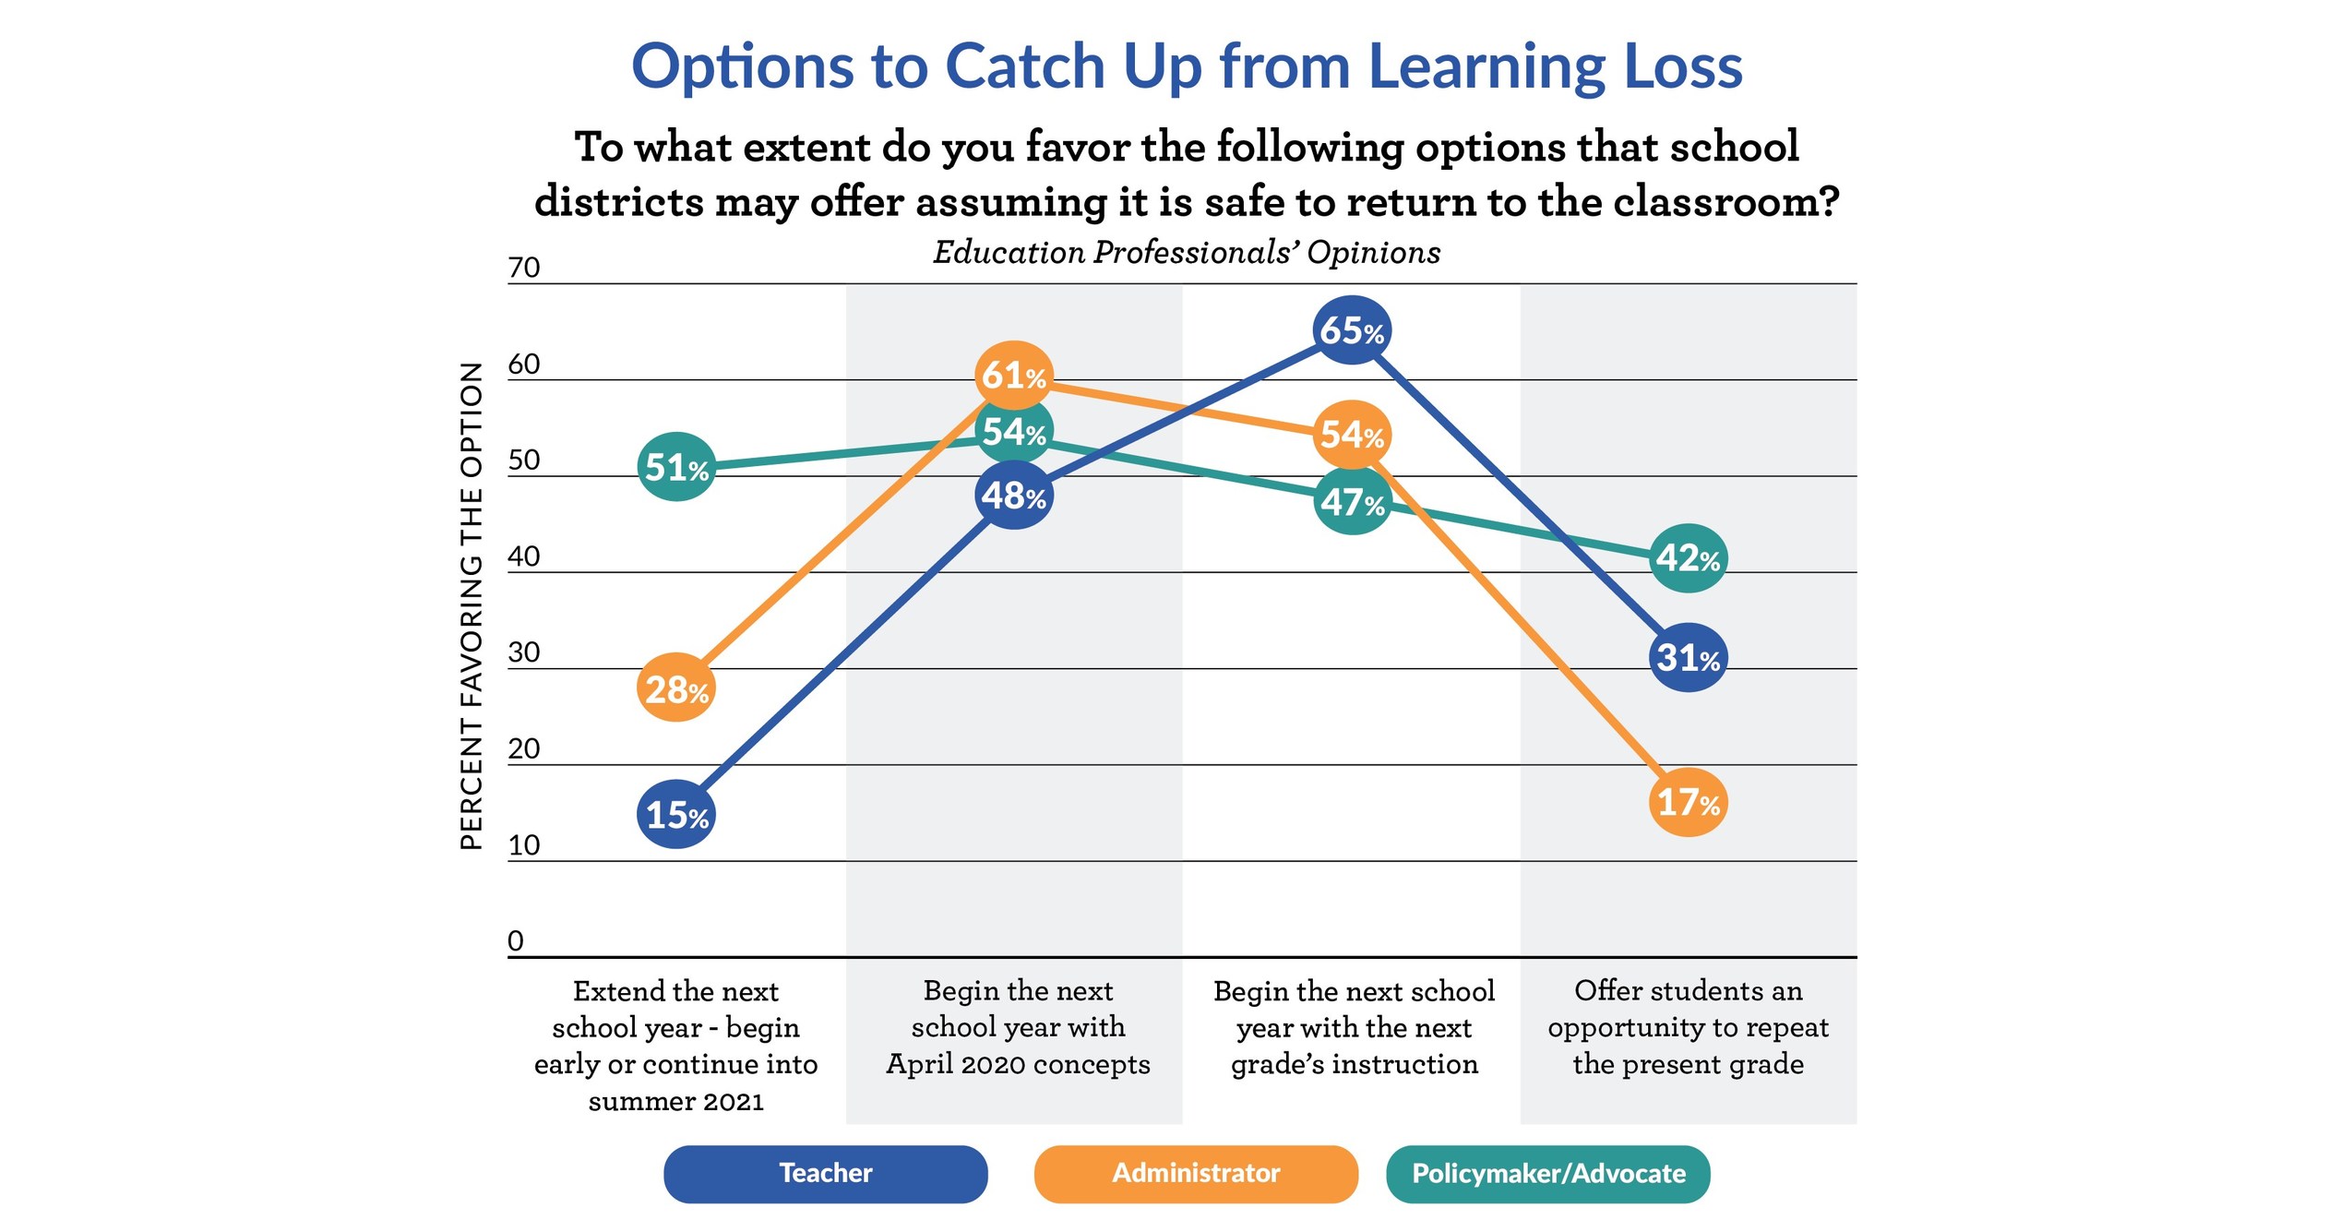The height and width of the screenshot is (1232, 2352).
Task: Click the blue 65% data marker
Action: point(1351,329)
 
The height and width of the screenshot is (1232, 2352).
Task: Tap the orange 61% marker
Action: point(1014,375)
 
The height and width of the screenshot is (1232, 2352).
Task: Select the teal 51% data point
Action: point(676,467)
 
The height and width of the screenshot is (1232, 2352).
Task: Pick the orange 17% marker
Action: point(1688,802)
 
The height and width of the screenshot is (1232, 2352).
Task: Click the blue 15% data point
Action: point(676,814)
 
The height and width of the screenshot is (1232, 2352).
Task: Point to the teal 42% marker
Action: point(1688,557)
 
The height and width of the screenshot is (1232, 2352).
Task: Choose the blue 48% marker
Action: point(1014,496)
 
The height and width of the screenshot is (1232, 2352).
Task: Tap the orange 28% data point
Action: point(676,688)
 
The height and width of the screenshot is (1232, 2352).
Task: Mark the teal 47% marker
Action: point(1351,502)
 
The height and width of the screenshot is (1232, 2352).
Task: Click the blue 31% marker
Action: point(1688,657)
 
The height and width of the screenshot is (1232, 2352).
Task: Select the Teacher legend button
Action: point(825,1173)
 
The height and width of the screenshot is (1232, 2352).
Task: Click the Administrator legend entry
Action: point(1195,1173)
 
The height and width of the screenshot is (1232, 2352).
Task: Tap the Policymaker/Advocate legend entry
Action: point(1547,1173)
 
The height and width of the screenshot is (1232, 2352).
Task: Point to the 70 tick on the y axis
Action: point(523,268)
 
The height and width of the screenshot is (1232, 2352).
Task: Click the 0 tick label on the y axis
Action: point(515,940)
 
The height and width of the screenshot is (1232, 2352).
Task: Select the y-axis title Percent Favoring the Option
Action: point(471,605)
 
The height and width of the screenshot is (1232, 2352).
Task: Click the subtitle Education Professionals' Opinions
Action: point(1186,252)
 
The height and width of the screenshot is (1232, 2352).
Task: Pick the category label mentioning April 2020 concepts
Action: point(1017,1027)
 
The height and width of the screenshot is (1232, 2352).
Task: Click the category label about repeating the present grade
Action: point(1688,1027)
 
